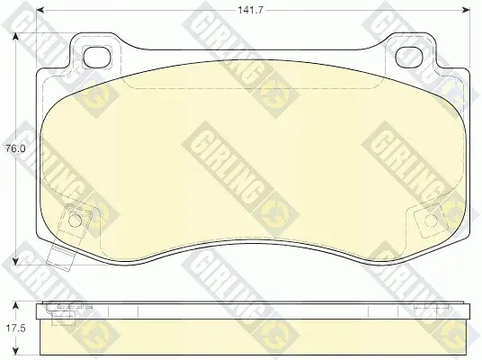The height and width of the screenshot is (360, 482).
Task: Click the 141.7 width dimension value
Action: click(x=251, y=10)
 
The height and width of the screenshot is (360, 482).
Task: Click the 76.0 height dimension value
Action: click(x=14, y=148)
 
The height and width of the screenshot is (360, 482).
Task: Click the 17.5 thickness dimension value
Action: click(x=15, y=328)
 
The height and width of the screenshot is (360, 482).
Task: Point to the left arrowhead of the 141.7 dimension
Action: click(x=40, y=10)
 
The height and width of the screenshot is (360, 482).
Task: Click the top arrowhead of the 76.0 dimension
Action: click(x=15, y=37)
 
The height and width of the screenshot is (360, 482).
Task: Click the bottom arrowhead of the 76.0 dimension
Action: click(x=15, y=261)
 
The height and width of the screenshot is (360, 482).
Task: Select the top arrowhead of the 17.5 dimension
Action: click(x=15, y=306)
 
